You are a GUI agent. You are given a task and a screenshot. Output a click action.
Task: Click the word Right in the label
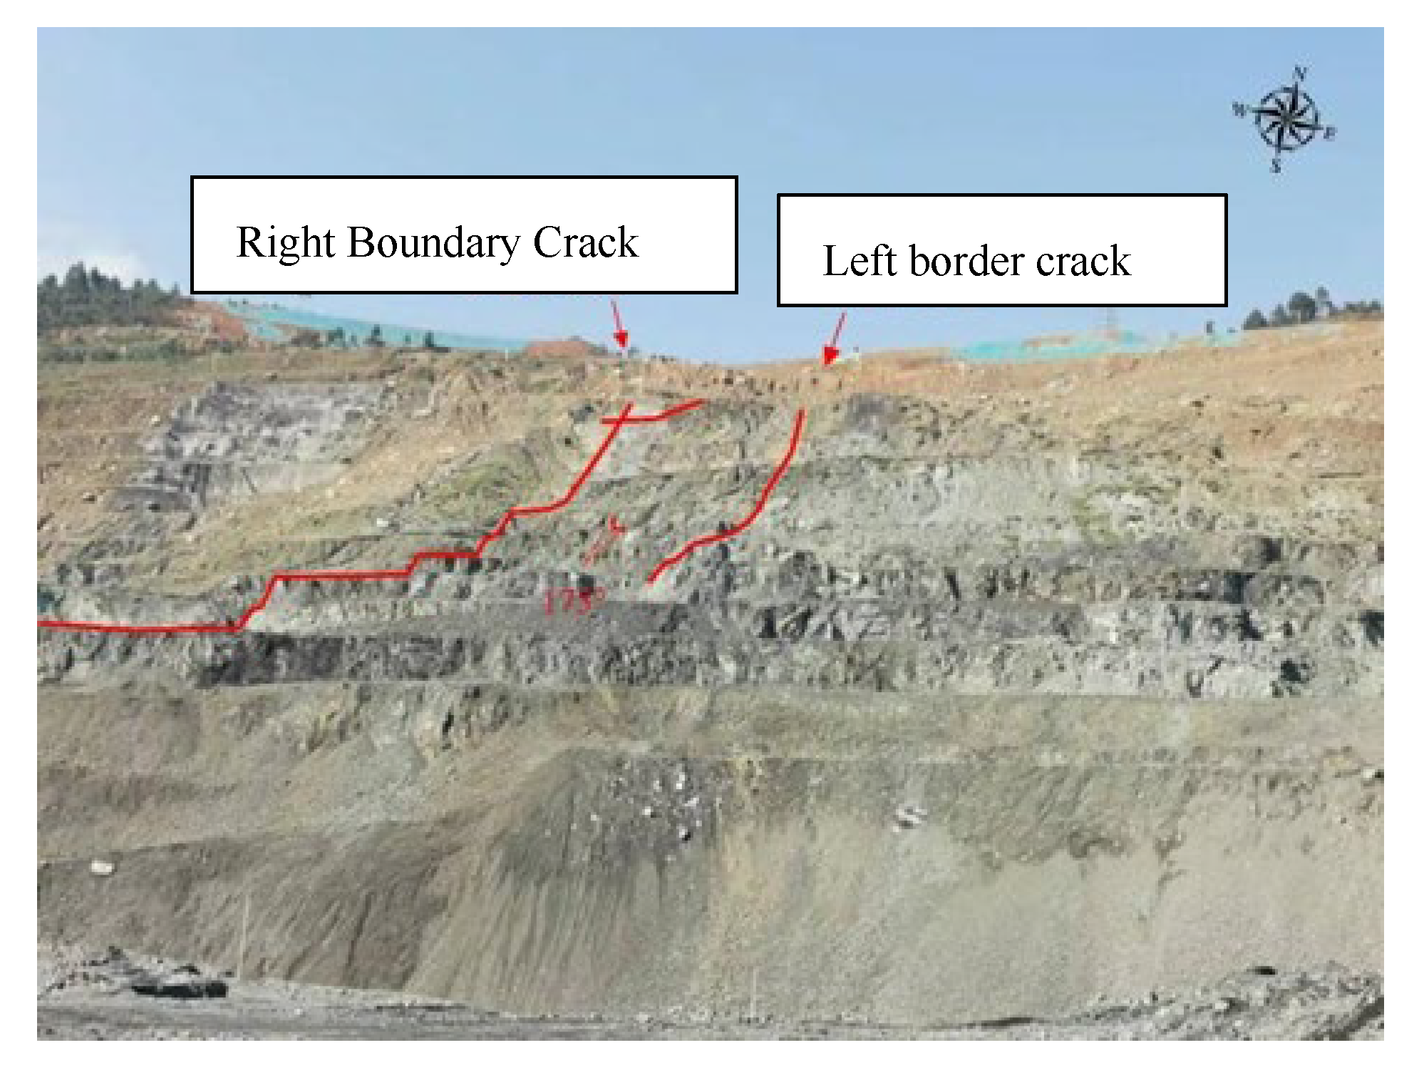(x=285, y=244)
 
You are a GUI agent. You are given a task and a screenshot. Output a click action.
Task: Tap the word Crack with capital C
(x=585, y=242)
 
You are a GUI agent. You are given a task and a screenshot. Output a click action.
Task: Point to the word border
(x=966, y=261)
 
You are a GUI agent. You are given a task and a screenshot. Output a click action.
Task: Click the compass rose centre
(x=1284, y=118)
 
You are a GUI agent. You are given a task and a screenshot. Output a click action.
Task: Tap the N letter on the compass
(x=1299, y=73)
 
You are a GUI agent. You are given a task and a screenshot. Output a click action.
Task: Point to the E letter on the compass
(x=1330, y=133)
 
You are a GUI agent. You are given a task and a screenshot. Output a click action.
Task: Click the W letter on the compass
(x=1239, y=110)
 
